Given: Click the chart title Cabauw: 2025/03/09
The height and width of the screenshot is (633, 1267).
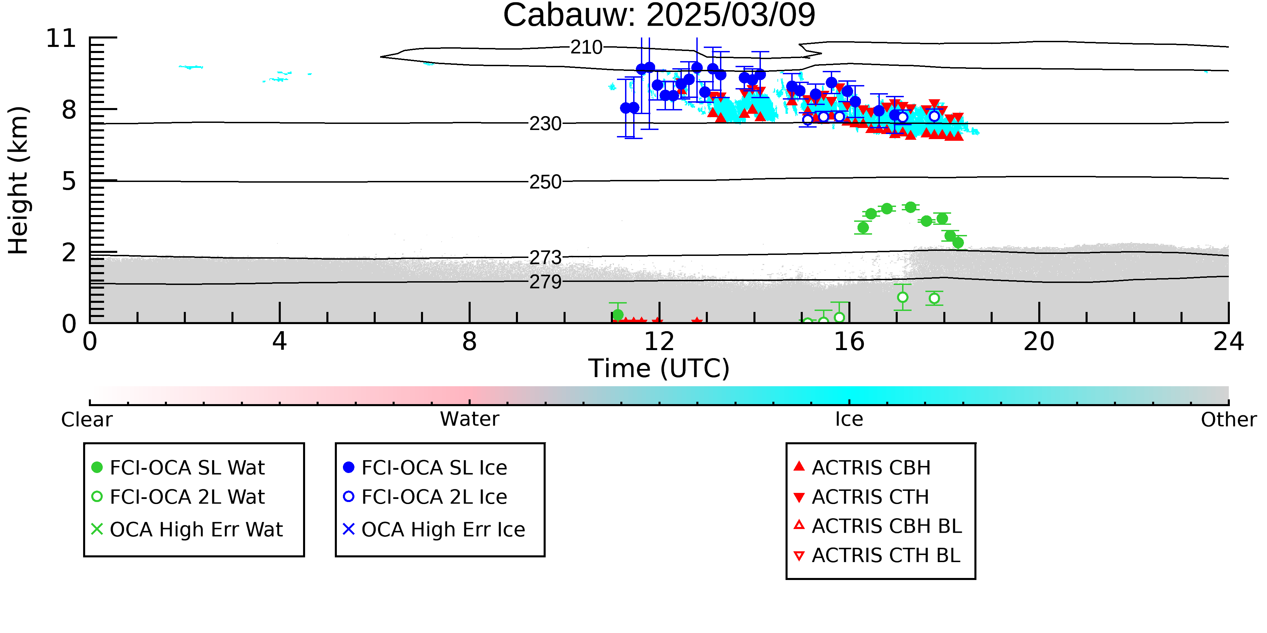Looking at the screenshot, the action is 659,15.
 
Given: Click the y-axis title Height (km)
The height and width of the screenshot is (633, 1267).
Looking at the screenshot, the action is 19,180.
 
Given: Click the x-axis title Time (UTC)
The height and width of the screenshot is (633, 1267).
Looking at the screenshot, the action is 659,368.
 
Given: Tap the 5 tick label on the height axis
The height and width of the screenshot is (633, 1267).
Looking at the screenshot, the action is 69,181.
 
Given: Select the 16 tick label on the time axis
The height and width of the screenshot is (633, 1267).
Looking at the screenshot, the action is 849,342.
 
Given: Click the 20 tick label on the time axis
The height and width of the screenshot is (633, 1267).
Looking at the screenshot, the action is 1039,342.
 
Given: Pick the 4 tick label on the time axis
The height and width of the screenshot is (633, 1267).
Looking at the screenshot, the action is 279,342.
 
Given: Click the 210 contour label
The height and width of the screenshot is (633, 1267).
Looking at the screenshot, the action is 586,47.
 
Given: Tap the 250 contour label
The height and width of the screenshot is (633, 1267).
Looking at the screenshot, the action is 545,182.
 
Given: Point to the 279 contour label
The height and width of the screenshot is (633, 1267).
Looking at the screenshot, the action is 545,282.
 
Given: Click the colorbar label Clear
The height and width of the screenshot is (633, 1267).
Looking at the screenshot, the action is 86,420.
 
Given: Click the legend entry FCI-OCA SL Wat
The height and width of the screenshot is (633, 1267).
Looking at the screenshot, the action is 178,467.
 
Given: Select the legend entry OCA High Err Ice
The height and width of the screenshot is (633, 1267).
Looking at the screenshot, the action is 434,529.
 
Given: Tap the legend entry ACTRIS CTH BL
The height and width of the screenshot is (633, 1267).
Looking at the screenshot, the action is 877,555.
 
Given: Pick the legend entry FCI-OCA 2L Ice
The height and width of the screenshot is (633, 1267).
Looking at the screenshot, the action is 425,497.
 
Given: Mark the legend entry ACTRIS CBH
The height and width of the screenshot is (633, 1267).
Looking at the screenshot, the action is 862,467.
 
